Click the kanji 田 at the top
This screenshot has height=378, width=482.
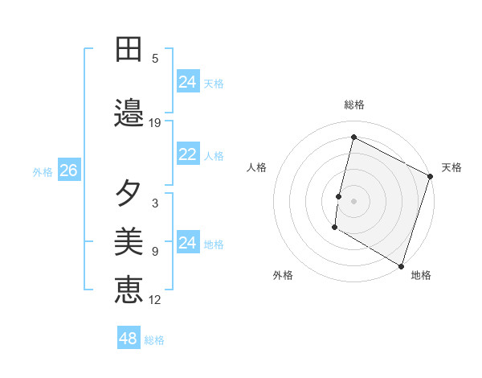click(x=129, y=50)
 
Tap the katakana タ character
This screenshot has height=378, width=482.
click(x=129, y=193)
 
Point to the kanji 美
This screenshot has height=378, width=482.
click(x=129, y=240)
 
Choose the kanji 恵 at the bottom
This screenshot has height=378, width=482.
click(x=129, y=289)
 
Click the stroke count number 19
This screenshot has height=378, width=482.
click(x=155, y=123)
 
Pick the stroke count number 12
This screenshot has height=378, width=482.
click(x=155, y=300)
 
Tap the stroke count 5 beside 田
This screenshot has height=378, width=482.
click(x=155, y=58)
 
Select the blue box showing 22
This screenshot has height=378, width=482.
click(x=188, y=155)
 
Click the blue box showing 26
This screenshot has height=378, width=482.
click(x=68, y=171)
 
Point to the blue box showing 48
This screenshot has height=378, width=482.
click(x=129, y=339)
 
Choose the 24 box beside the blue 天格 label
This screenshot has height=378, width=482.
click(x=188, y=82)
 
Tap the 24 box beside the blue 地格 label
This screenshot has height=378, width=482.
click(x=188, y=243)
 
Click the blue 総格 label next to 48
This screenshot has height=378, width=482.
click(x=154, y=340)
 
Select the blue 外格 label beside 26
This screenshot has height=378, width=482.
click(x=43, y=171)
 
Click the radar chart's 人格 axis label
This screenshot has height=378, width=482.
click(x=256, y=167)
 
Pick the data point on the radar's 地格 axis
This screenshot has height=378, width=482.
click(x=400, y=265)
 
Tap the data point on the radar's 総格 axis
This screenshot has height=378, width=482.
click(x=353, y=137)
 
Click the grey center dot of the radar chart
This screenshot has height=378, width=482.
click(x=353, y=200)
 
